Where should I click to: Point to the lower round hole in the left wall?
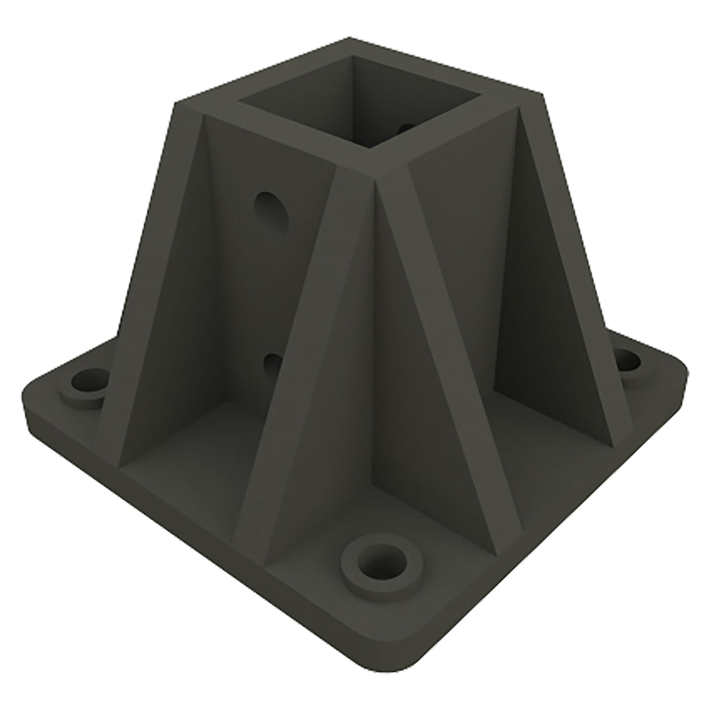click(x=271, y=364)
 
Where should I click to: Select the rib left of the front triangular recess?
click(x=288, y=368)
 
